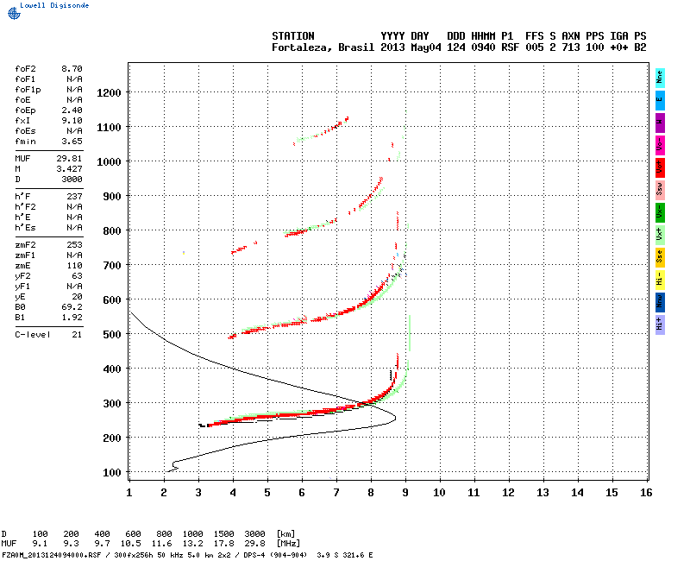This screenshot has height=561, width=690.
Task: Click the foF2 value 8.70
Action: [x=72, y=68]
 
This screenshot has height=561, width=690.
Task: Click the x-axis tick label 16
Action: [x=646, y=492]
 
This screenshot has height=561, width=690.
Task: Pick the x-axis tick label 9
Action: [x=405, y=492]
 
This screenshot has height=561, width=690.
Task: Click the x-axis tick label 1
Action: [x=129, y=492]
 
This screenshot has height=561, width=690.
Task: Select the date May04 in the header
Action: [x=424, y=47]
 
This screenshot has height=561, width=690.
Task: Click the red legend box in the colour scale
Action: [x=660, y=167]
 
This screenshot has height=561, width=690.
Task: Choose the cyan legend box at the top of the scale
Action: [x=660, y=77]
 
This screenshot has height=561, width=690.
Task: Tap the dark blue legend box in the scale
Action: [x=660, y=301]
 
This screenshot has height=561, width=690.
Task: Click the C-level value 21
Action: [x=77, y=334]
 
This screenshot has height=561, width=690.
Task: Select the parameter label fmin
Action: [x=24, y=141]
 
